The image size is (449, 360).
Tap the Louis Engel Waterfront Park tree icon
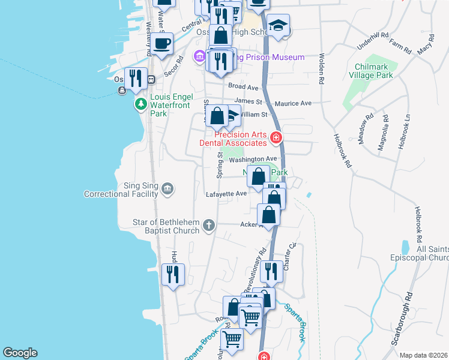tap(140, 104)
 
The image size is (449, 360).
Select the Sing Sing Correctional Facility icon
tap(167, 190)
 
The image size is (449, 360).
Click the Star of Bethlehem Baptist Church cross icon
tap(208, 226)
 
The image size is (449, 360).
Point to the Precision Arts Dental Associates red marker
tap(276, 139)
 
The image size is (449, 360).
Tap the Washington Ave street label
tap(252, 160)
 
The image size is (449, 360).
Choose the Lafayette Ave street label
tap(226, 194)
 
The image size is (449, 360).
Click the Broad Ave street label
tap(243, 86)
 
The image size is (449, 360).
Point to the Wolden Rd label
tap(322, 68)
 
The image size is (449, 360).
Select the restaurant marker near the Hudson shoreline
tap(173, 274)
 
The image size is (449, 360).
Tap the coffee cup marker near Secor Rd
tap(162, 43)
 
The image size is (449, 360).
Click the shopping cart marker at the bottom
tap(232, 340)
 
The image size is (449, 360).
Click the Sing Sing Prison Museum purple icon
tap(199, 57)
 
